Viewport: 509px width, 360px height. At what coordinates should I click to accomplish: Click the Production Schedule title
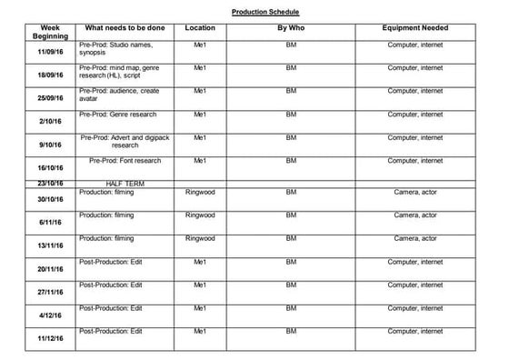[x=264, y=12]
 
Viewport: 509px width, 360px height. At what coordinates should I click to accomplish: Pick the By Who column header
[x=291, y=28]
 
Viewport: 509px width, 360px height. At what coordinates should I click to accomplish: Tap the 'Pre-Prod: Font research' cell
[x=125, y=160]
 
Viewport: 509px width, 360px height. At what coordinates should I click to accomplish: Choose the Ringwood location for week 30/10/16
[x=200, y=192]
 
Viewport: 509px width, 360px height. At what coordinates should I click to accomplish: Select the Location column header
[x=200, y=28]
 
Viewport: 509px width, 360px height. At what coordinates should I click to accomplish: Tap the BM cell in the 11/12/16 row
[x=291, y=332]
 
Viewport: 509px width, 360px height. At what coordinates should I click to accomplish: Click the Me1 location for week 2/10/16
[x=200, y=115]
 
